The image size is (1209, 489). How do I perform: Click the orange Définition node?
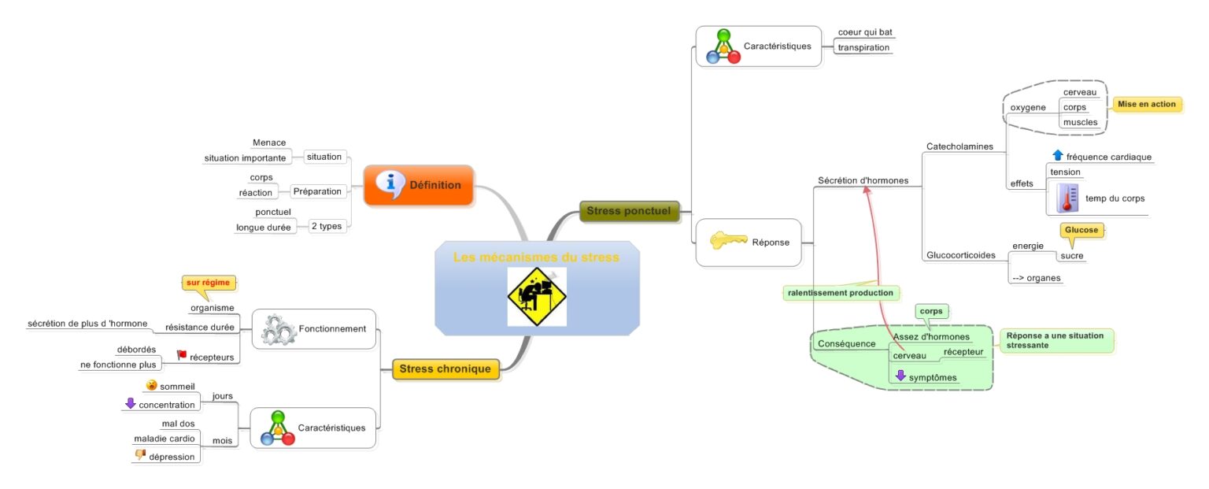click(418, 185)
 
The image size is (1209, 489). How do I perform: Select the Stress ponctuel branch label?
click(628, 211)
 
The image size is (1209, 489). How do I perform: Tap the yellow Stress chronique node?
click(446, 369)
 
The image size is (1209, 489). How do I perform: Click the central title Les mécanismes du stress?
click(536, 257)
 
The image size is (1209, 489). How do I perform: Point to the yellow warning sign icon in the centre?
click(537, 297)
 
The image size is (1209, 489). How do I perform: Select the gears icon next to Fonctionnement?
click(276, 329)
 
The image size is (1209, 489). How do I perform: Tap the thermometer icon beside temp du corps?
click(1067, 198)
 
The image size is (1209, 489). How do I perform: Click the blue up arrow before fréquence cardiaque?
click(1057, 156)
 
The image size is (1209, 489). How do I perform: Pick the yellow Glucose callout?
click(1081, 230)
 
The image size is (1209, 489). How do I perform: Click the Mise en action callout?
click(1146, 104)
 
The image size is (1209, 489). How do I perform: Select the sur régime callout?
click(209, 282)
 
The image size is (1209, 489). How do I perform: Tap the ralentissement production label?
click(841, 293)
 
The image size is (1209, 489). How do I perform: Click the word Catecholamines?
click(959, 146)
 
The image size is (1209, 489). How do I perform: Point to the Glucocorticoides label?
click(961, 255)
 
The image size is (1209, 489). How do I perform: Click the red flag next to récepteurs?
click(182, 355)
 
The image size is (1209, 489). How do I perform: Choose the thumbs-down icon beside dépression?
click(140, 455)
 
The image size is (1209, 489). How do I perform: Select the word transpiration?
click(863, 47)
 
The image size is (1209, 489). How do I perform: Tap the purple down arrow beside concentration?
click(131, 403)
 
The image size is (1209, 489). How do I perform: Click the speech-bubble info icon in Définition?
click(390, 183)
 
